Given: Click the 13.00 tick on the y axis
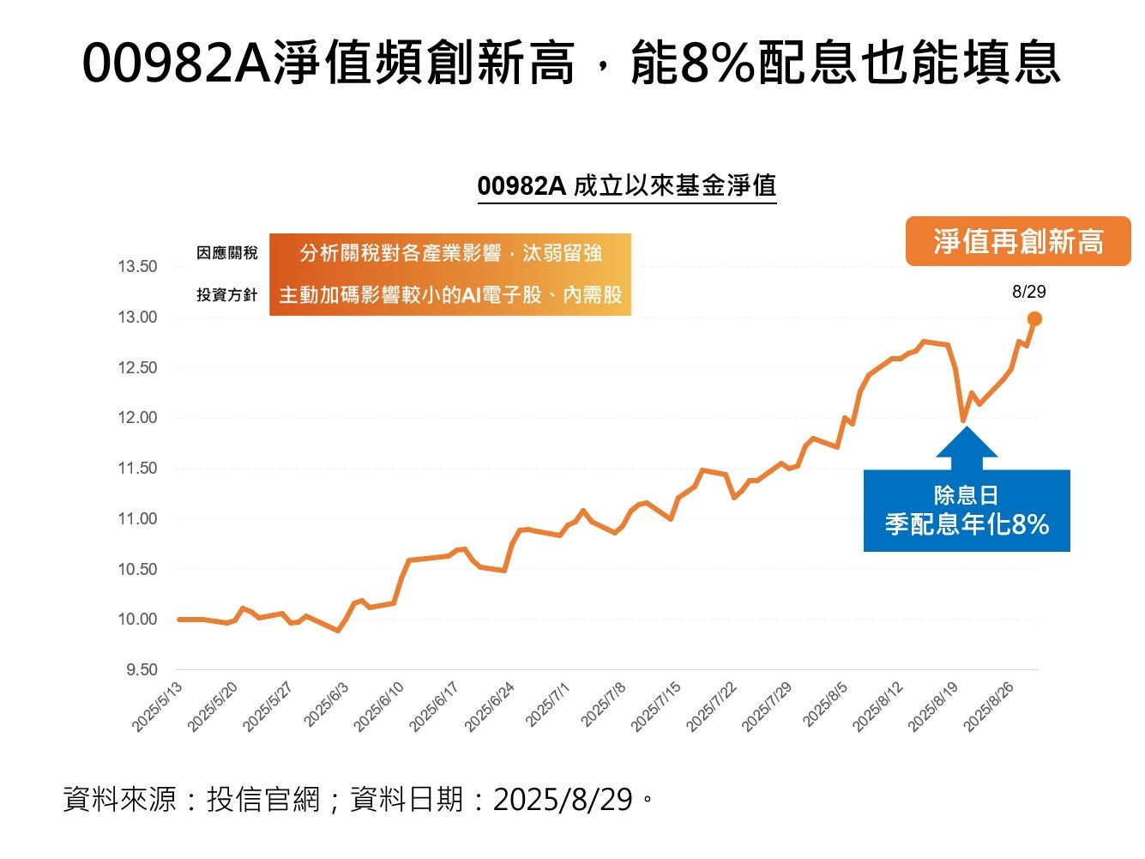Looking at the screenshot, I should pyautogui.click(x=137, y=318).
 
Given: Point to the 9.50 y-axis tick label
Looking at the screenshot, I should pyautogui.click(x=142, y=670).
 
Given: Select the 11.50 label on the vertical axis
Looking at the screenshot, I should pyautogui.click(x=137, y=469).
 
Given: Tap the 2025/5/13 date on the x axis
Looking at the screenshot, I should pyautogui.click(x=158, y=708).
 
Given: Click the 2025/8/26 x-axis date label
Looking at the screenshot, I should pyautogui.click(x=990, y=708).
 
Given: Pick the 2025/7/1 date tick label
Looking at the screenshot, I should pyautogui.click(x=546, y=705).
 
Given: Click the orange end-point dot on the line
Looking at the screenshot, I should pyautogui.click(x=1034, y=319).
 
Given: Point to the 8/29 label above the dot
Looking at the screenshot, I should pyautogui.click(x=1028, y=292).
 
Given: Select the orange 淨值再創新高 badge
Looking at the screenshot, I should pyautogui.click(x=1018, y=242).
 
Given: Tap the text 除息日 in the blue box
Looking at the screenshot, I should pyautogui.click(x=966, y=496).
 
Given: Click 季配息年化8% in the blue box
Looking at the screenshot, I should pyautogui.click(x=967, y=524).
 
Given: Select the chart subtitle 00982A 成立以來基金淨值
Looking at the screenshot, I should pyautogui.click(x=626, y=186).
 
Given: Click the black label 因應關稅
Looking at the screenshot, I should pyautogui.click(x=226, y=253).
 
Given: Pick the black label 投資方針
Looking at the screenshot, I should pyautogui.click(x=226, y=295).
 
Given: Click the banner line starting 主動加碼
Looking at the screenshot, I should pyautogui.click(x=450, y=295).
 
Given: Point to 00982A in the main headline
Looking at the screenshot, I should pyautogui.click(x=177, y=64).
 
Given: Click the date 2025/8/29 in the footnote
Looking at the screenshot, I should pyautogui.click(x=563, y=800).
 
